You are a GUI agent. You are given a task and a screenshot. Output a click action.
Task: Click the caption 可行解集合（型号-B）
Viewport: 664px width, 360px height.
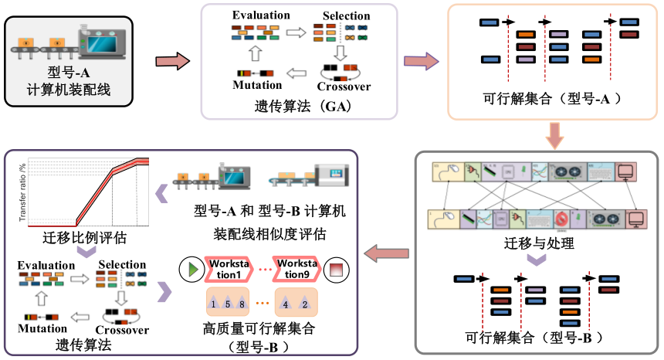pyautogui.click(x=534, y=338)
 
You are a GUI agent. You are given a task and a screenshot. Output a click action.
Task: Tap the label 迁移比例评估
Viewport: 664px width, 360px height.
pyautogui.click(x=85, y=235)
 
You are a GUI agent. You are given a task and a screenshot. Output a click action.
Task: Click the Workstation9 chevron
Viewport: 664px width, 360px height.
pyautogui.click(x=300, y=270)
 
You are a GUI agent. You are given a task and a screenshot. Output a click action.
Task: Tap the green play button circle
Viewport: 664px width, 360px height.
pyautogui.click(x=189, y=270)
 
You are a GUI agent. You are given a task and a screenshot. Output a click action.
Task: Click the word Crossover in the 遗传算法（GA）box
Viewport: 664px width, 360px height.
pyautogui.click(x=344, y=87)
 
